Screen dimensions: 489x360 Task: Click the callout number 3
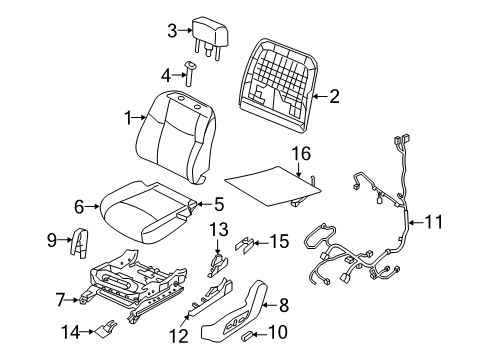(x=172, y=31)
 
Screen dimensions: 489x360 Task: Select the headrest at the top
(x=211, y=37)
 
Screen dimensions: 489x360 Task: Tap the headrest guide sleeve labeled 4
(x=190, y=73)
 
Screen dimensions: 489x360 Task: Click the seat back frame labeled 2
(x=278, y=86)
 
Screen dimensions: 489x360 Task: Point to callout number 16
(x=301, y=154)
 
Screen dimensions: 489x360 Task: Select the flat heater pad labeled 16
(x=274, y=186)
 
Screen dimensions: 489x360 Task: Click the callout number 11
(x=434, y=222)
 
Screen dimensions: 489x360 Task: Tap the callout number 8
(x=284, y=305)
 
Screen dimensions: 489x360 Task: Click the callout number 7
(x=60, y=300)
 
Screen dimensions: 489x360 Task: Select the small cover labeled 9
(x=80, y=243)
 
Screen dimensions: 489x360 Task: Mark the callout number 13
(x=219, y=229)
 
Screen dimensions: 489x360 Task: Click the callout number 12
(x=179, y=336)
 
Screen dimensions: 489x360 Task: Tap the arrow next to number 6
(x=92, y=207)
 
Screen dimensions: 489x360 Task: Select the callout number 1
(x=128, y=118)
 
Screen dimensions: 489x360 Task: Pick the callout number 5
(x=219, y=204)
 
